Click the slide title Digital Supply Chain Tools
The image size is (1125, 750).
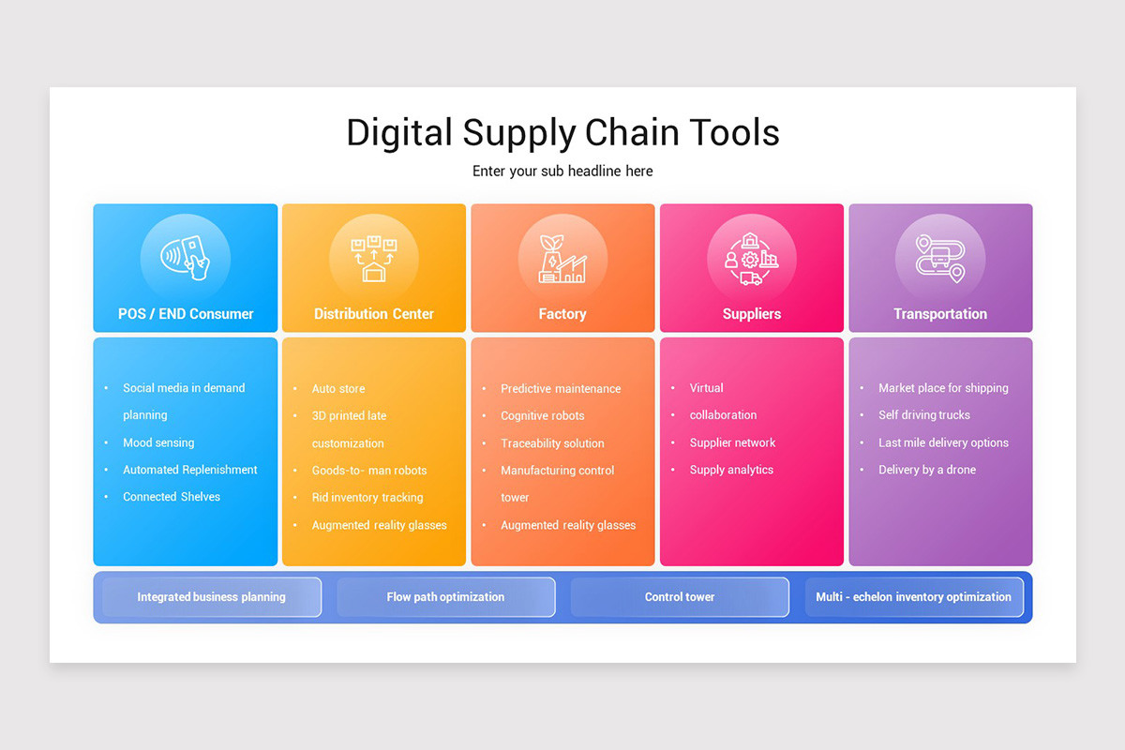[x=562, y=132]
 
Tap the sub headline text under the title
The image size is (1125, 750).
[x=562, y=171]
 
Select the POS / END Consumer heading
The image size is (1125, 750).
[x=186, y=314]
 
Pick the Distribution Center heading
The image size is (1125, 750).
[x=374, y=314]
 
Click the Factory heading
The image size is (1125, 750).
[x=562, y=314]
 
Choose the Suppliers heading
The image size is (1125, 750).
[x=752, y=314]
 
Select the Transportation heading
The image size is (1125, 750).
[x=940, y=314]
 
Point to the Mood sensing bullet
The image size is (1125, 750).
[x=158, y=442]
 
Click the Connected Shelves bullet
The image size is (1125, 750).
[x=172, y=497]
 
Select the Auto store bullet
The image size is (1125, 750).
[x=338, y=388]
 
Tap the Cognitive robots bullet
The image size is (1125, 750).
[x=543, y=415]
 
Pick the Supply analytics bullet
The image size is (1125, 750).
[x=731, y=470]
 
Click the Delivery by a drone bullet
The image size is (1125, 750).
[x=927, y=470]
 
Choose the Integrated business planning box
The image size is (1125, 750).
[x=212, y=597]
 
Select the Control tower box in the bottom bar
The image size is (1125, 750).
[x=680, y=597]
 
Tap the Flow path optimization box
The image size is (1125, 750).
[x=446, y=597]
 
